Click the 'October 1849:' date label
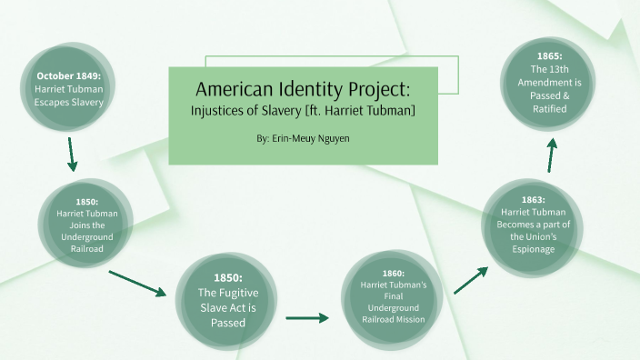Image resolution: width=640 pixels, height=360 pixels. [68, 75]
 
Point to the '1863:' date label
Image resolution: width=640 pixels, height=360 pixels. [533, 200]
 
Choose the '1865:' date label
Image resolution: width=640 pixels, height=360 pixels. [550, 55]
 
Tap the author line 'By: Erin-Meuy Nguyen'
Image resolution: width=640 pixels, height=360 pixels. [304, 139]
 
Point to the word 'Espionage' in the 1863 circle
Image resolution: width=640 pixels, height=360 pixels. [534, 251]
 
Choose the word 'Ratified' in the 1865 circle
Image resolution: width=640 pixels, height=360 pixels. [550, 108]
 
